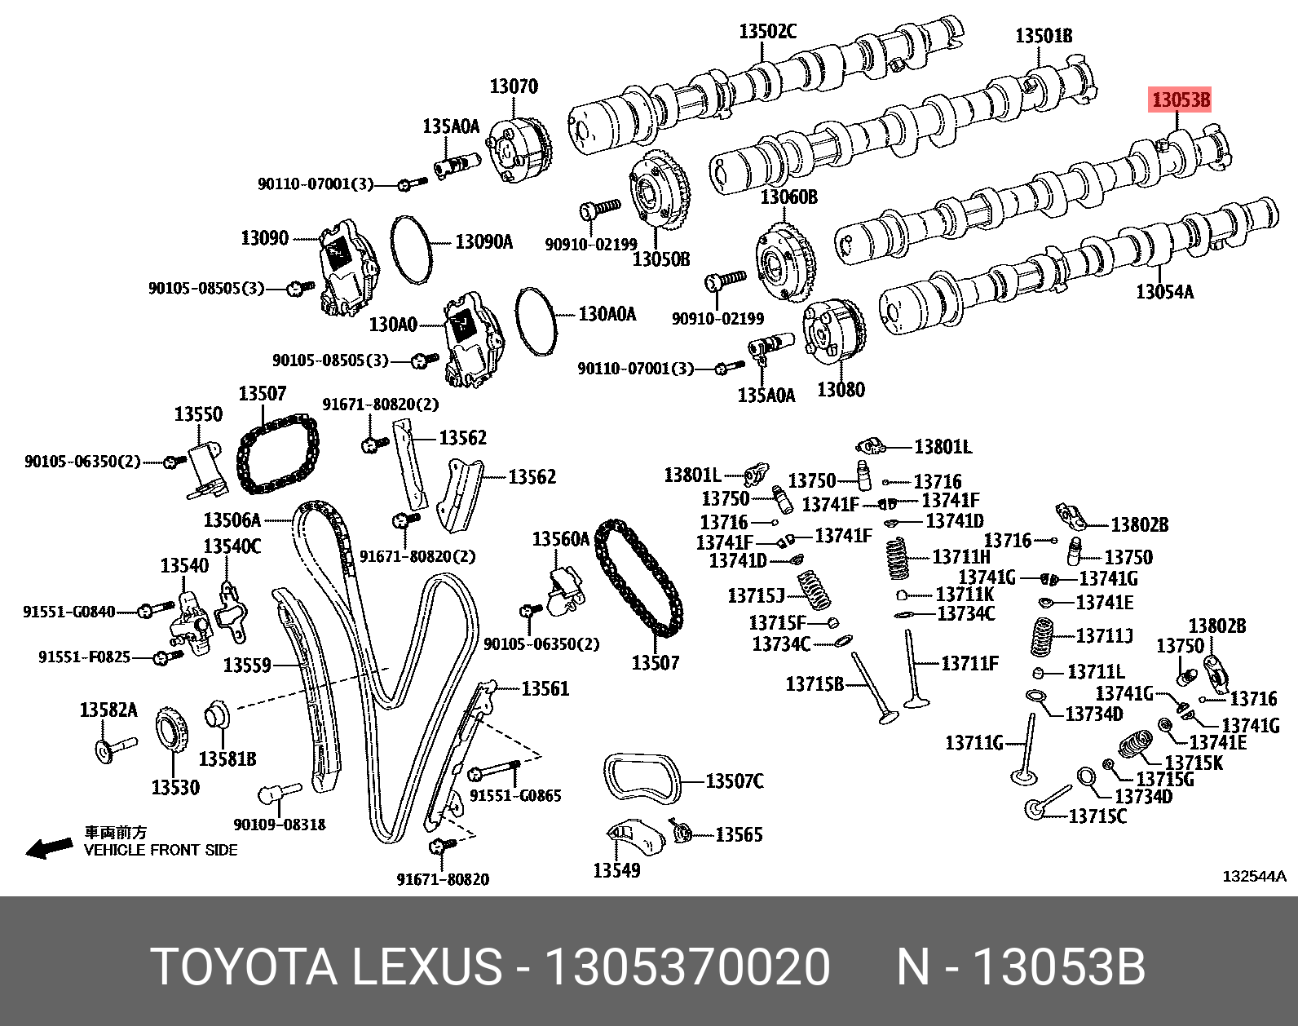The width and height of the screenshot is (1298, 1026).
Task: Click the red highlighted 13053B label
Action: click(1180, 100)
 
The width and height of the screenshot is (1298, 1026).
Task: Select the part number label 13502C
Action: click(767, 32)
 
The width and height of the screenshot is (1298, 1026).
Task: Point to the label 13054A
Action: click(1164, 290)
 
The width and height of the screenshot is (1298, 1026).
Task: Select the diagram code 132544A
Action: click(1253, 877)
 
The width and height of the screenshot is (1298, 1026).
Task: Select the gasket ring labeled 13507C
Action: click(642, 779)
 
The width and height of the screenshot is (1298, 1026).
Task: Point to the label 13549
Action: click(616, 870)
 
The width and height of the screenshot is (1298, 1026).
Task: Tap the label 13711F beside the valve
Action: click(969, 663)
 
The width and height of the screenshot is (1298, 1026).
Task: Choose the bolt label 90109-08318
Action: click(279, 825)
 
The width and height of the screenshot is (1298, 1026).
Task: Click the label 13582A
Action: click(108, 710)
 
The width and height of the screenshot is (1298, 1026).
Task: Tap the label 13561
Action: click(545, 689)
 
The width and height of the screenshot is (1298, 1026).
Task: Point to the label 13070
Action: click(513, 86)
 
